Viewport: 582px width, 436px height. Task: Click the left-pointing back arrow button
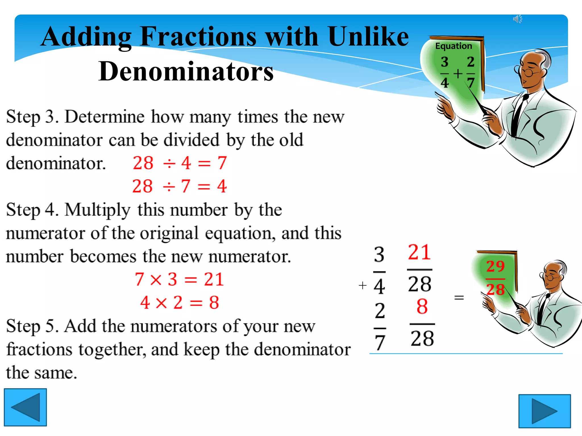(25, 407)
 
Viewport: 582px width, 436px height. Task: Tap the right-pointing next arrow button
(544, 411)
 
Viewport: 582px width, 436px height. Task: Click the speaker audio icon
(517, 19)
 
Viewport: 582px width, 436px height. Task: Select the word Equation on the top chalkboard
(454, 46)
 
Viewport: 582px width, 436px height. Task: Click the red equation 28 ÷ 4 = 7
(180, 163)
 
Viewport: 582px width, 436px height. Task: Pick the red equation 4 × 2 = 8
(180, 303)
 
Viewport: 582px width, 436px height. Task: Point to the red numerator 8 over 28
(422, 307)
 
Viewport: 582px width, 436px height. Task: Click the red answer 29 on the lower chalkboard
(495, 266)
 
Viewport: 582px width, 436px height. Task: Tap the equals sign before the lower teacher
(459, 297)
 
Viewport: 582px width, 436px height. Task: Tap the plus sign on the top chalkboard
(458, 74)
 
